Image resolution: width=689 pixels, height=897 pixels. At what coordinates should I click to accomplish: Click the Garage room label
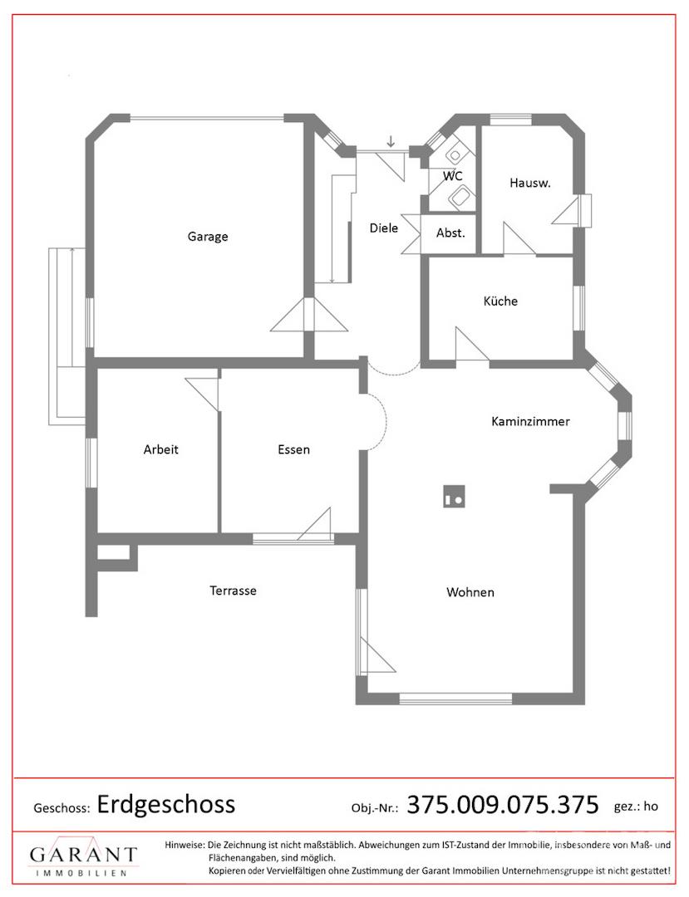point(208,236)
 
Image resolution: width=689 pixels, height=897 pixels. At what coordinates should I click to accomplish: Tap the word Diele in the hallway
point(383,228)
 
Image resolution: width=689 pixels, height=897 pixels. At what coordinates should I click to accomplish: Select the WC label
point(453,175)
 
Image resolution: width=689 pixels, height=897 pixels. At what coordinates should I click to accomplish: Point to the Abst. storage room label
point(450,233)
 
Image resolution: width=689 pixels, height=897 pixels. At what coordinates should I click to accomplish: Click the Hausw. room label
point(530,183)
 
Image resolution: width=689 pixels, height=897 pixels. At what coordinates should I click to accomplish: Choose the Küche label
point(500,301)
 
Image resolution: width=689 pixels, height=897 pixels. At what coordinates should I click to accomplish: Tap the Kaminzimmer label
point(530,422)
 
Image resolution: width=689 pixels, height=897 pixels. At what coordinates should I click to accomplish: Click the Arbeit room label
point(160,449)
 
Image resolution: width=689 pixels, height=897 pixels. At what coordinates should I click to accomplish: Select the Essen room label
point(293,449)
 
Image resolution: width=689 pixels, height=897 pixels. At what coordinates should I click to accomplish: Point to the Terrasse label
point(233,591)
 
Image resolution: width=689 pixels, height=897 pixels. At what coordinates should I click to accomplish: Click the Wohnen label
point(470,592)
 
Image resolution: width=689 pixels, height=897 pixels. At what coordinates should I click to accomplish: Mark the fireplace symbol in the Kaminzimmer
point(454,496)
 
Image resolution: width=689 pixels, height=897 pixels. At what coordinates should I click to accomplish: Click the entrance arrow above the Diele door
point(391,141)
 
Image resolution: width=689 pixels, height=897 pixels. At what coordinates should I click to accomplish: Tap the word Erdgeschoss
point(166,804)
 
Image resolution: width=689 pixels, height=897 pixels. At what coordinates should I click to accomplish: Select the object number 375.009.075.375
point(503,804)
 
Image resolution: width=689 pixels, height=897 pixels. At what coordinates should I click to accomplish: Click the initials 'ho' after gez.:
point(651,806)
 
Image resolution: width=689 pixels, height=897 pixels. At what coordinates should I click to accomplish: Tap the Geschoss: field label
point(62,808)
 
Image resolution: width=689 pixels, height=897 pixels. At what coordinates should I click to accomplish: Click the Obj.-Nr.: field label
point(375,808)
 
